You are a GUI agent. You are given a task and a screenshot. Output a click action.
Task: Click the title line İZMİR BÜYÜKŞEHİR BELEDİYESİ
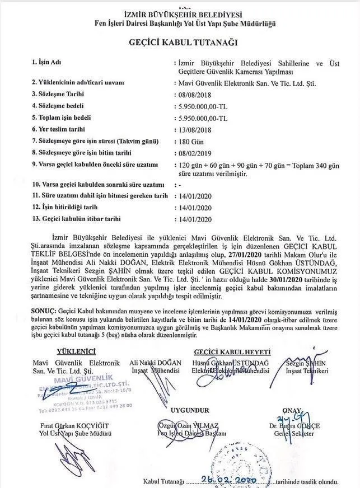[180, 13]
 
